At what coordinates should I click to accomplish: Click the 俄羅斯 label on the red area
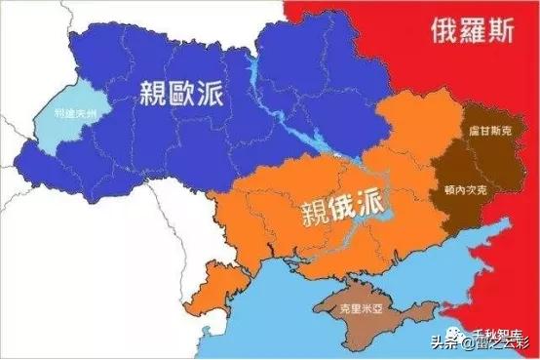(471, 30)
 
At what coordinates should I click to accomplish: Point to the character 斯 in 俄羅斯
(505, 30)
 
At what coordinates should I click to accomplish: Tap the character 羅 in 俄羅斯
(471, 30)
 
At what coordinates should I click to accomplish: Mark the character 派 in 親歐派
(212, 94)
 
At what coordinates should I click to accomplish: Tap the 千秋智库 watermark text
(498, 331)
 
